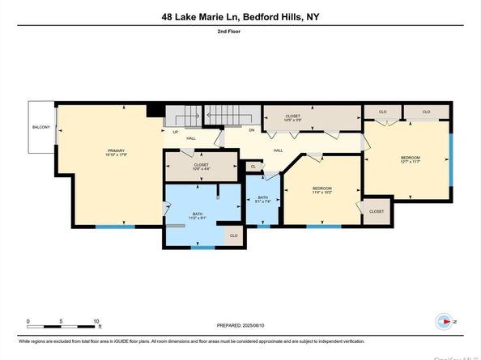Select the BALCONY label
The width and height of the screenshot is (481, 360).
point(40,127)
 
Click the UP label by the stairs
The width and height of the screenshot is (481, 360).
point(174,132)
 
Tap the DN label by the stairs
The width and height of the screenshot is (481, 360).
point(251,130)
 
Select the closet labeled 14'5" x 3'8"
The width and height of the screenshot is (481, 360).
point(292,118)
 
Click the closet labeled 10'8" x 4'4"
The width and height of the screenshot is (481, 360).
point(202,167)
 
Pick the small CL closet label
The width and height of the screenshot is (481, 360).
point(253,166)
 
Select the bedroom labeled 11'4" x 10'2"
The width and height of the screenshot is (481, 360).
point(322,190)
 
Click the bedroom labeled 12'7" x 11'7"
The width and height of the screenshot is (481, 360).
point(408,159)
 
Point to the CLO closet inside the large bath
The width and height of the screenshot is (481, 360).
point(232,235)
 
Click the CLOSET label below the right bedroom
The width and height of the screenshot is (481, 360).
point(377,211)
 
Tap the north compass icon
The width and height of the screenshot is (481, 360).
point(443,321)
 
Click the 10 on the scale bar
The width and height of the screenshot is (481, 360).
point(97,321)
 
